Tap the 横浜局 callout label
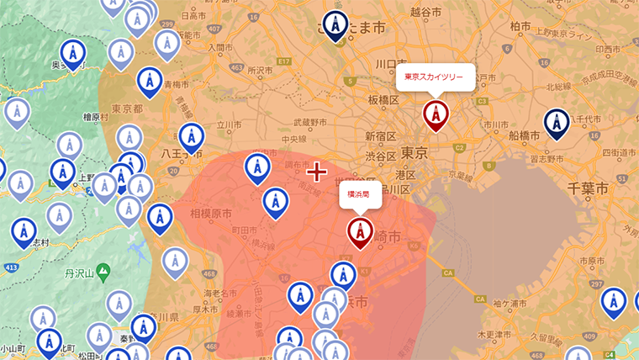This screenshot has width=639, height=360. coord(360,194)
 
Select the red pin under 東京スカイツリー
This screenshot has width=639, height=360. coord(436,114)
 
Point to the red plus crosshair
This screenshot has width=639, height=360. coord(316,172)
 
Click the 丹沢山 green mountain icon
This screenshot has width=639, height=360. coord(103,272)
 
